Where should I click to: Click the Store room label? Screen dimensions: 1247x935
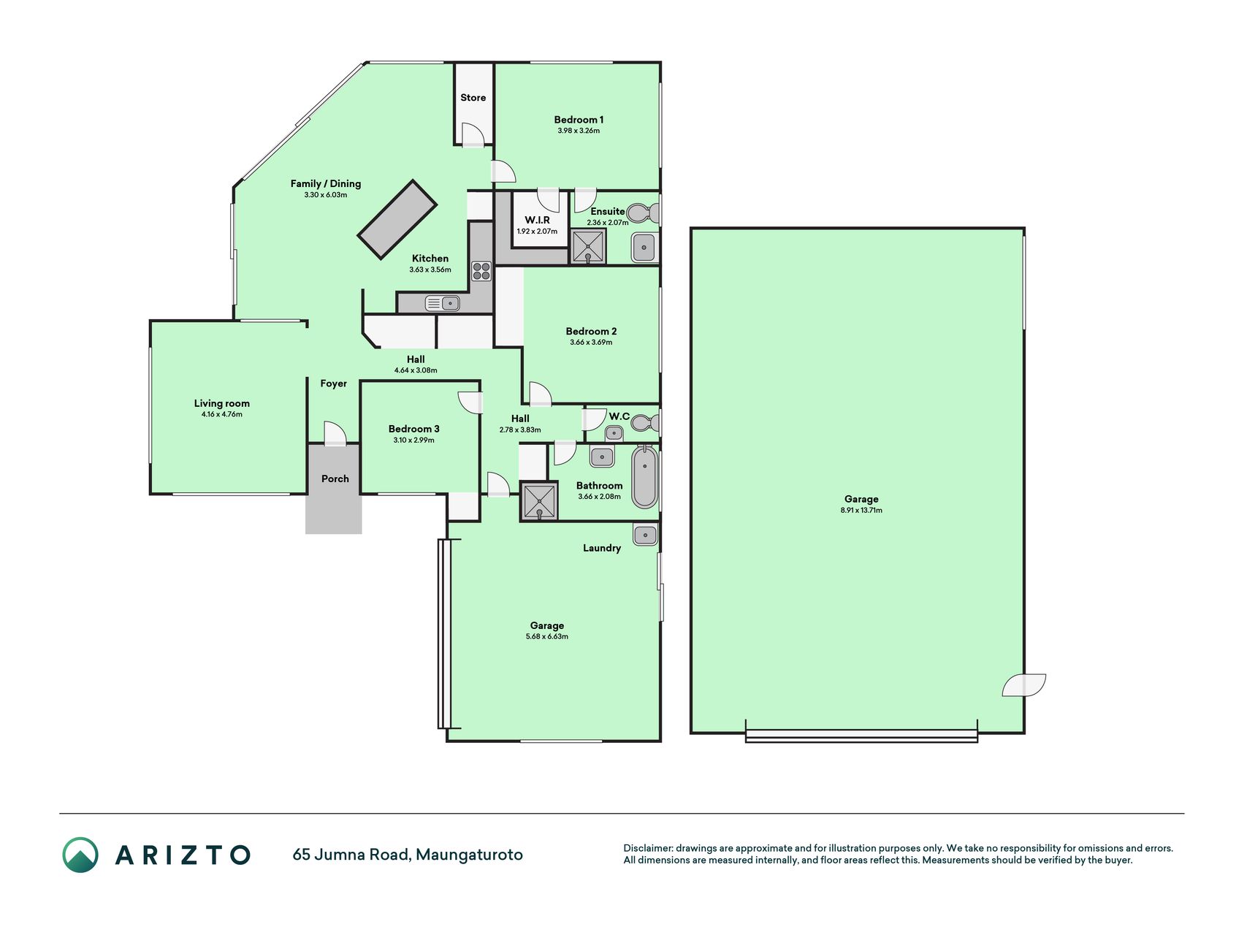point(473,98)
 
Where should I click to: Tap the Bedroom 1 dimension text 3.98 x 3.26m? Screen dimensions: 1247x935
point(579,131)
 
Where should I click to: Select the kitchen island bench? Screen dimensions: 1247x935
point(397,219)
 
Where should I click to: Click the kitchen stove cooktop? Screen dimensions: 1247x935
point(481,271)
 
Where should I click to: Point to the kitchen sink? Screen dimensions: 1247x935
point(442,302)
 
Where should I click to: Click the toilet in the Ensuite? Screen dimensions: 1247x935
point(643,213)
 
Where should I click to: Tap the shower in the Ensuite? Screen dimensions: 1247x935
point(588,247)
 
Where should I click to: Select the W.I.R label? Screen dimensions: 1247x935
point(537,220)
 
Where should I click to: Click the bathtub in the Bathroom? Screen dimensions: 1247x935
point(645,477)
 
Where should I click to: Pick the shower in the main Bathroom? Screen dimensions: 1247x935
point(539,500)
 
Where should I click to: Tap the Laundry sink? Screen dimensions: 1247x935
point(645,535)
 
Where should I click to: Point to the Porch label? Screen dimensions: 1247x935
point(335,479)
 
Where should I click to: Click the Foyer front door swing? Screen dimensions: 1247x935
point(334,432)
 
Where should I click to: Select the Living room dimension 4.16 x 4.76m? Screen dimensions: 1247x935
point(222,415)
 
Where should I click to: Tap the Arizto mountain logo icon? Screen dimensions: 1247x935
point(80,855)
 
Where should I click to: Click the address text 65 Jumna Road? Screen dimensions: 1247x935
point(351,855)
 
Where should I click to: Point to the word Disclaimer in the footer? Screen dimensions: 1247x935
point(647,848)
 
